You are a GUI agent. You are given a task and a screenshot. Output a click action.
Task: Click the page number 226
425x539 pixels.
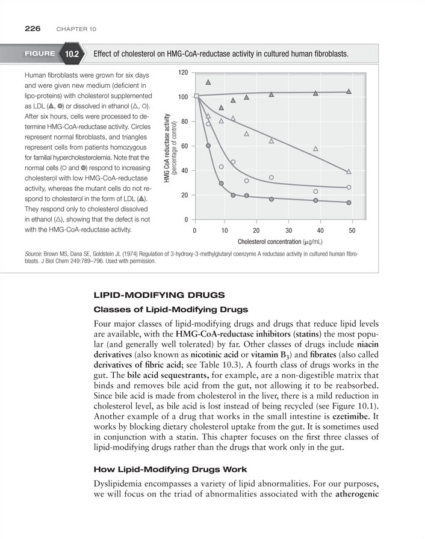[x=33, y=28]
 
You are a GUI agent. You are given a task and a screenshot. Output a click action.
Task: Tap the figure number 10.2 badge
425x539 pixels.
[x=72, y=54]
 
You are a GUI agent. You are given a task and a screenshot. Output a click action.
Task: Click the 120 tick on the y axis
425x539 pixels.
[x=183, y=72]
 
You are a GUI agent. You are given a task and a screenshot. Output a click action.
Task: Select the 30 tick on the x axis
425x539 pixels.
[x=288, y=230]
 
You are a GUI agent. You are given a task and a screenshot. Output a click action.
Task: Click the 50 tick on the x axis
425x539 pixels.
[x=352, y=230]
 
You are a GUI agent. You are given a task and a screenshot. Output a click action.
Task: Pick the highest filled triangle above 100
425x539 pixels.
[x=208, y=82]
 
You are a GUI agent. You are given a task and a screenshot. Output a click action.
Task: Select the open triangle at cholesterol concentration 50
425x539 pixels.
[x=349, y=171]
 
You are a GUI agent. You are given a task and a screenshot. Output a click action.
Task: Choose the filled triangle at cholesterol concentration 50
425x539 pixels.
[x=349, y=91]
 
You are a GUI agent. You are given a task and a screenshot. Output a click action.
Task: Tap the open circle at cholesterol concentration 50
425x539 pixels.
[x=349, y=187]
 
